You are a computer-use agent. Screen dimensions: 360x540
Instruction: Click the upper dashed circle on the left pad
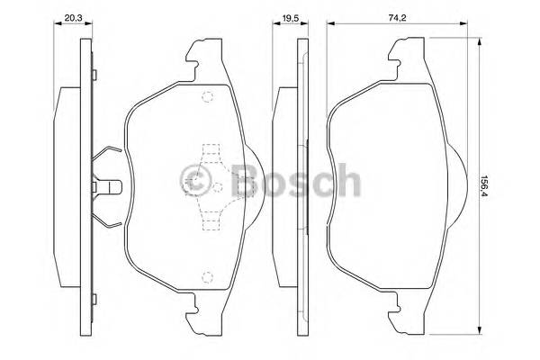click(207, 99)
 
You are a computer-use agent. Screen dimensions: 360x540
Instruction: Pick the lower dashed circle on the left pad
click(207, 277)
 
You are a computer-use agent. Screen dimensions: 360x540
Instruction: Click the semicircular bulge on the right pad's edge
click(454, 187)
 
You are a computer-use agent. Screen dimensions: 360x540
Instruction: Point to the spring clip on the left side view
click(105, 187)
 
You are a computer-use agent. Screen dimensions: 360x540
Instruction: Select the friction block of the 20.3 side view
click(70, 187)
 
